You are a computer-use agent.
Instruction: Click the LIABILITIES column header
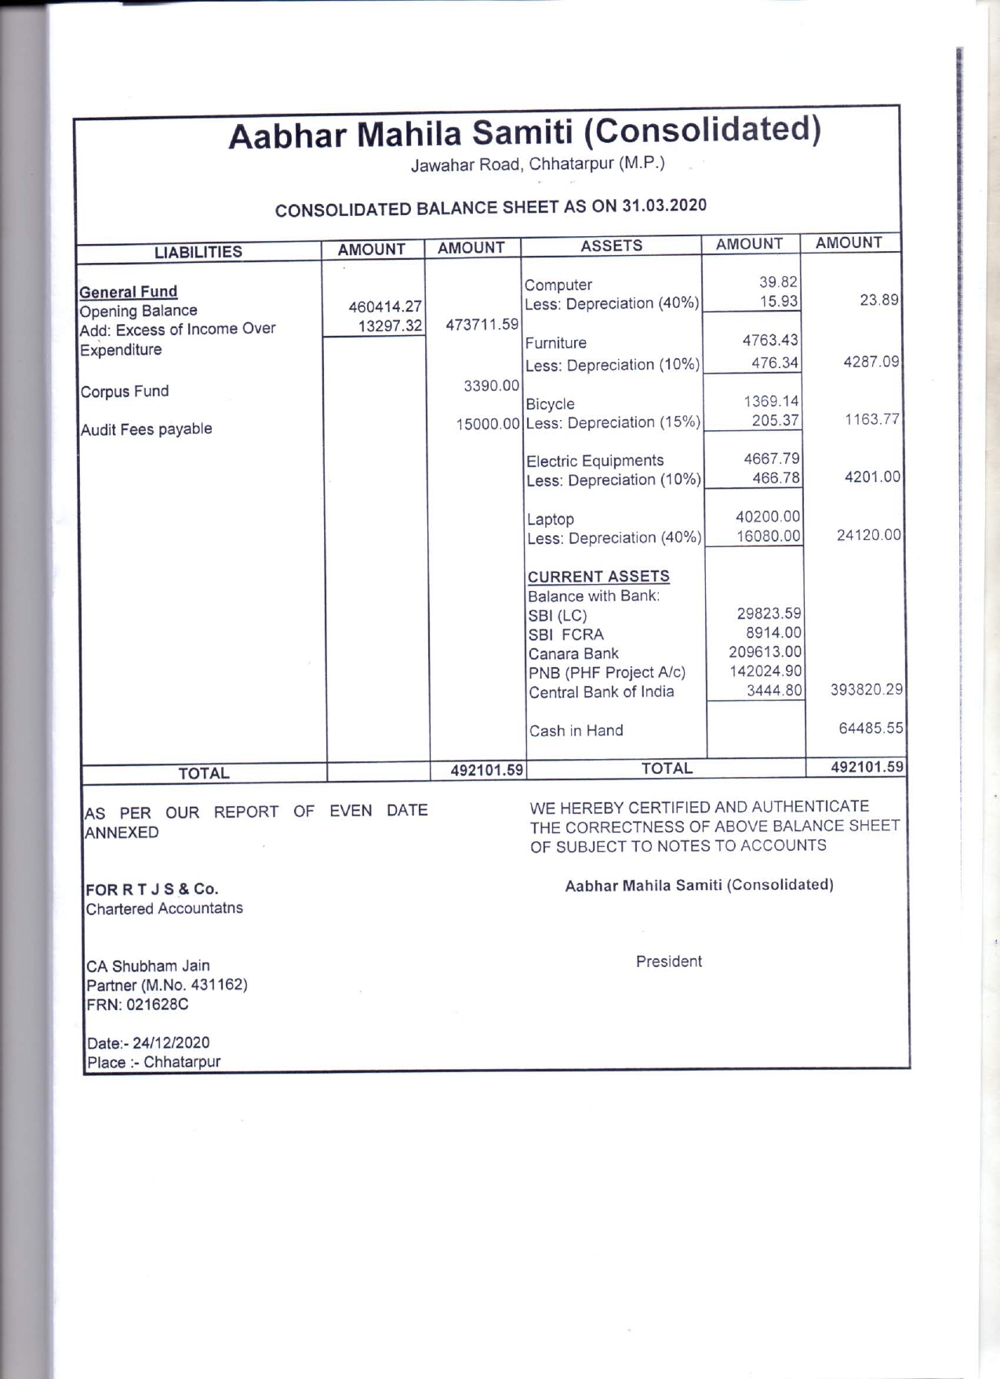[198, 252]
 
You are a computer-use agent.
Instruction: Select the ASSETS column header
[611, 246]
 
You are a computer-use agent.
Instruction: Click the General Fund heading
[129, 292]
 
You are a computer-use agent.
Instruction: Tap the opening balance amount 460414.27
[385, 307]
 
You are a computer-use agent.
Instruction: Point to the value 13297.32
[390, 326]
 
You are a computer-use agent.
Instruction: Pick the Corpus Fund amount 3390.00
[491, 385]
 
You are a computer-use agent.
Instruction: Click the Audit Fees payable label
[147, 429]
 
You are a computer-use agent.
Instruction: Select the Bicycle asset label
[550, 404]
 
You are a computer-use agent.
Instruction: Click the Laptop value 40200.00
[768, 516]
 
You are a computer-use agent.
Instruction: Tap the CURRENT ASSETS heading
[598, 576]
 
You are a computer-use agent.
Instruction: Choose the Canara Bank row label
[573, 654]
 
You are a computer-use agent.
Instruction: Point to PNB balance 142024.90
[765, 671]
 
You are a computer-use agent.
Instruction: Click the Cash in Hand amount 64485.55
[871, 728]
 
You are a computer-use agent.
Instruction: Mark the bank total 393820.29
[867, 689]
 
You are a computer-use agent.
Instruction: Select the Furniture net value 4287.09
[871, 362]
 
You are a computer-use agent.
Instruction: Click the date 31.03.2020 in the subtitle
[664, 206]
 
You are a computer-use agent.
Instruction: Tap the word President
[669, 961]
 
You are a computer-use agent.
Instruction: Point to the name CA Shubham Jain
[148, 966]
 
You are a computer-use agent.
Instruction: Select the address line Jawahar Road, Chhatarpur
[537, 164]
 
